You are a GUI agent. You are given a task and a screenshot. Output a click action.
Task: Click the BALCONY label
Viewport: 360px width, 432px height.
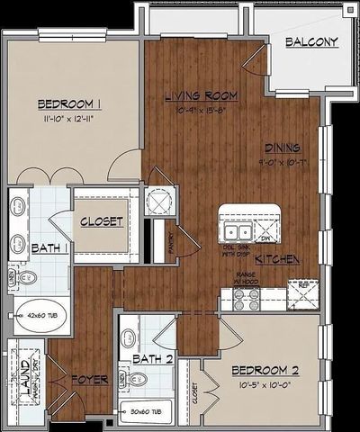311,42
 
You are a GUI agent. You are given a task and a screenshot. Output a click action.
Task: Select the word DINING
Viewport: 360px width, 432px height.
282,148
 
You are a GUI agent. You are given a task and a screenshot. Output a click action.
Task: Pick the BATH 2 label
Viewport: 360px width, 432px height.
153,359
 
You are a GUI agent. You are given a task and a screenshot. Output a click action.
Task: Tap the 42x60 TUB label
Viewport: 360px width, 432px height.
42,317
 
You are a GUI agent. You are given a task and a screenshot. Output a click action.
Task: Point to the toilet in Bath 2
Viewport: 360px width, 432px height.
137,381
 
